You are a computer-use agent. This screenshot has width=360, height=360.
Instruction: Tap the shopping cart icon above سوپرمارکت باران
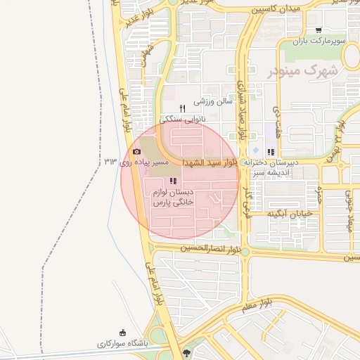[x=319, y=30]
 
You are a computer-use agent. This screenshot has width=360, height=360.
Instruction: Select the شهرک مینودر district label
[x=303, y=71]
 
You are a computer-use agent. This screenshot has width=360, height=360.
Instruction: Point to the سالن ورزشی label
[x=213, y=101]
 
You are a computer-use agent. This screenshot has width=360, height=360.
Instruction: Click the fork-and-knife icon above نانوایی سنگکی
[x=181, y=108]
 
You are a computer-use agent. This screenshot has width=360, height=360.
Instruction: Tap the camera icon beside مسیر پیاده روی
[x=136, y=151]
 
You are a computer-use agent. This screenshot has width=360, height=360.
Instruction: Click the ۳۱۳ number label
[x=110, y=162]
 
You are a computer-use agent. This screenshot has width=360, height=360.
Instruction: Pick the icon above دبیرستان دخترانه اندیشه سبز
[x=271, y=152]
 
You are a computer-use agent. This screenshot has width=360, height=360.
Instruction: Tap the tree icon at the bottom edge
[x=186, y=352]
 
